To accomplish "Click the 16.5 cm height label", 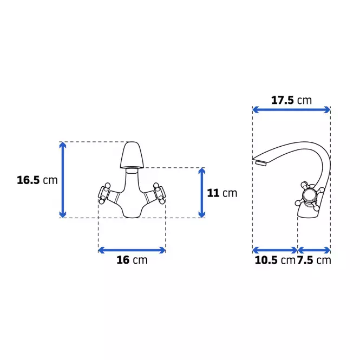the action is click(37, 180).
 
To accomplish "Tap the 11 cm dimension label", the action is click(222, 193).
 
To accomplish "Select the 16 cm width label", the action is click(132, 260).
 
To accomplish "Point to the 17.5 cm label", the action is click(291, 100).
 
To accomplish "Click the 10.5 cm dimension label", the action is click(275, 260).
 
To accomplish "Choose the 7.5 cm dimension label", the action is click(314, 260).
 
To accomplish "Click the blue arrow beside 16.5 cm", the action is click(63, 180).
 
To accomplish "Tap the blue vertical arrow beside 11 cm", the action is click(201, 193).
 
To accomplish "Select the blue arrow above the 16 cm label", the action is click(132, 250).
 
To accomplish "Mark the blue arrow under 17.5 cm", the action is click(291, 110).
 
